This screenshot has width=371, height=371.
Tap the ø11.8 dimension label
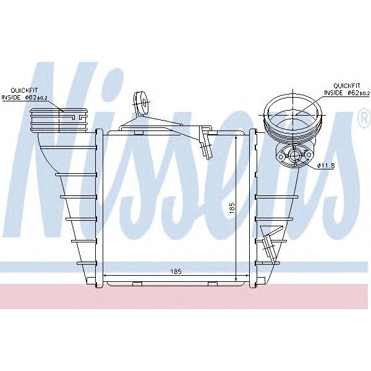(x=326, y=164)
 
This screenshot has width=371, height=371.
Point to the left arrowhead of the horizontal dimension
(x=104, y=275)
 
